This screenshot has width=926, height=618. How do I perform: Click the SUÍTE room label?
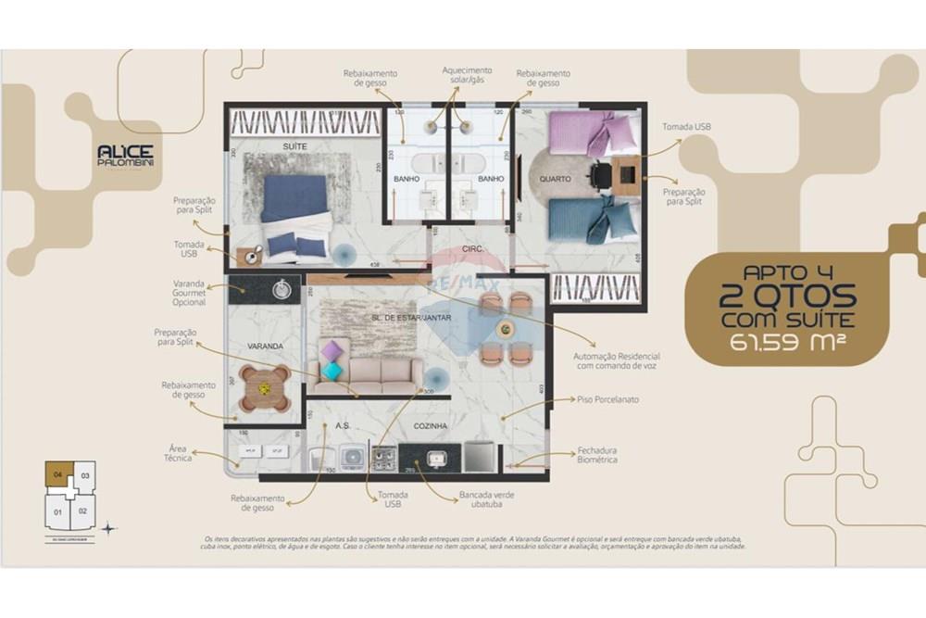tap(294, 146)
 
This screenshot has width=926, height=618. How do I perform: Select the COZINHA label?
tap(432, 426)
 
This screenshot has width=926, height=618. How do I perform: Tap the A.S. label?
tap(343, 426)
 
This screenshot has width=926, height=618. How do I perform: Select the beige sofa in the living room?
tap(364, 372)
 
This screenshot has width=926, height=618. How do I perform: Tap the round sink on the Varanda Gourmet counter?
tap(282, 290)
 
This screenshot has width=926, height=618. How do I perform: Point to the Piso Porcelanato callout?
tap(607, 400)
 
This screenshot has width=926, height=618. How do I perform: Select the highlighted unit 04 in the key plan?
tap(58, 475)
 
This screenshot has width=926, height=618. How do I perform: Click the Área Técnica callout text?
tap(179, 453)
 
